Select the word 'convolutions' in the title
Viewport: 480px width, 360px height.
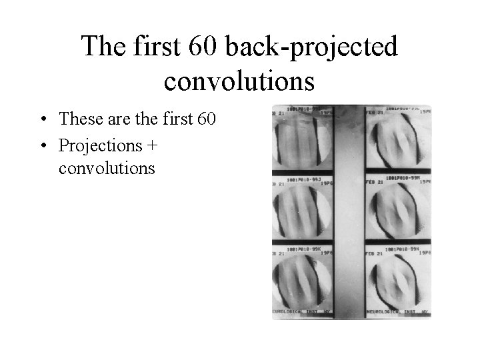pos(239,81)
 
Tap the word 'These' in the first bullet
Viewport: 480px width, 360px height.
pos(79,119)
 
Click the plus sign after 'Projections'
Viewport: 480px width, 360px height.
pos(151,145)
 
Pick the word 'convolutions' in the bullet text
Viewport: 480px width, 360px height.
pos(107,168)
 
